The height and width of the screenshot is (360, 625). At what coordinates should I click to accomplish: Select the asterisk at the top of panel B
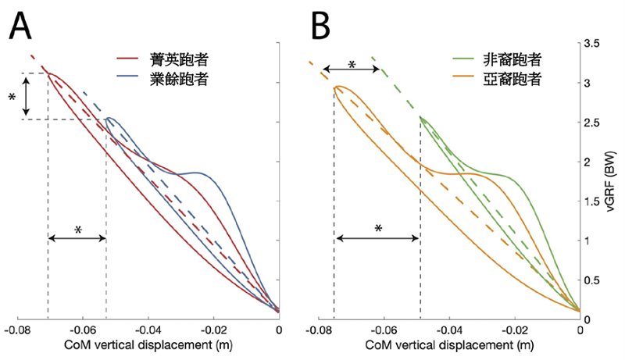(x=352, y=64)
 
